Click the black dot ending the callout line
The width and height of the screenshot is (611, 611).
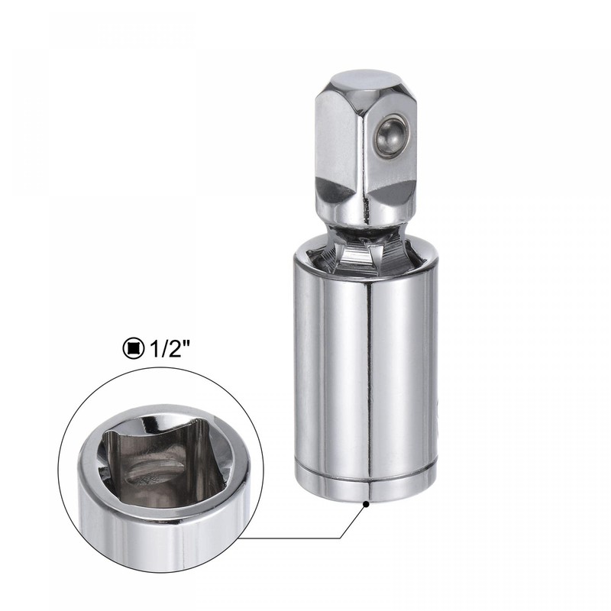click(367, 503)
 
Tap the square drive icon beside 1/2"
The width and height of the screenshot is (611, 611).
click(133, 348)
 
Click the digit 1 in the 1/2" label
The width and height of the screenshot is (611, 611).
click(152, 348)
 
